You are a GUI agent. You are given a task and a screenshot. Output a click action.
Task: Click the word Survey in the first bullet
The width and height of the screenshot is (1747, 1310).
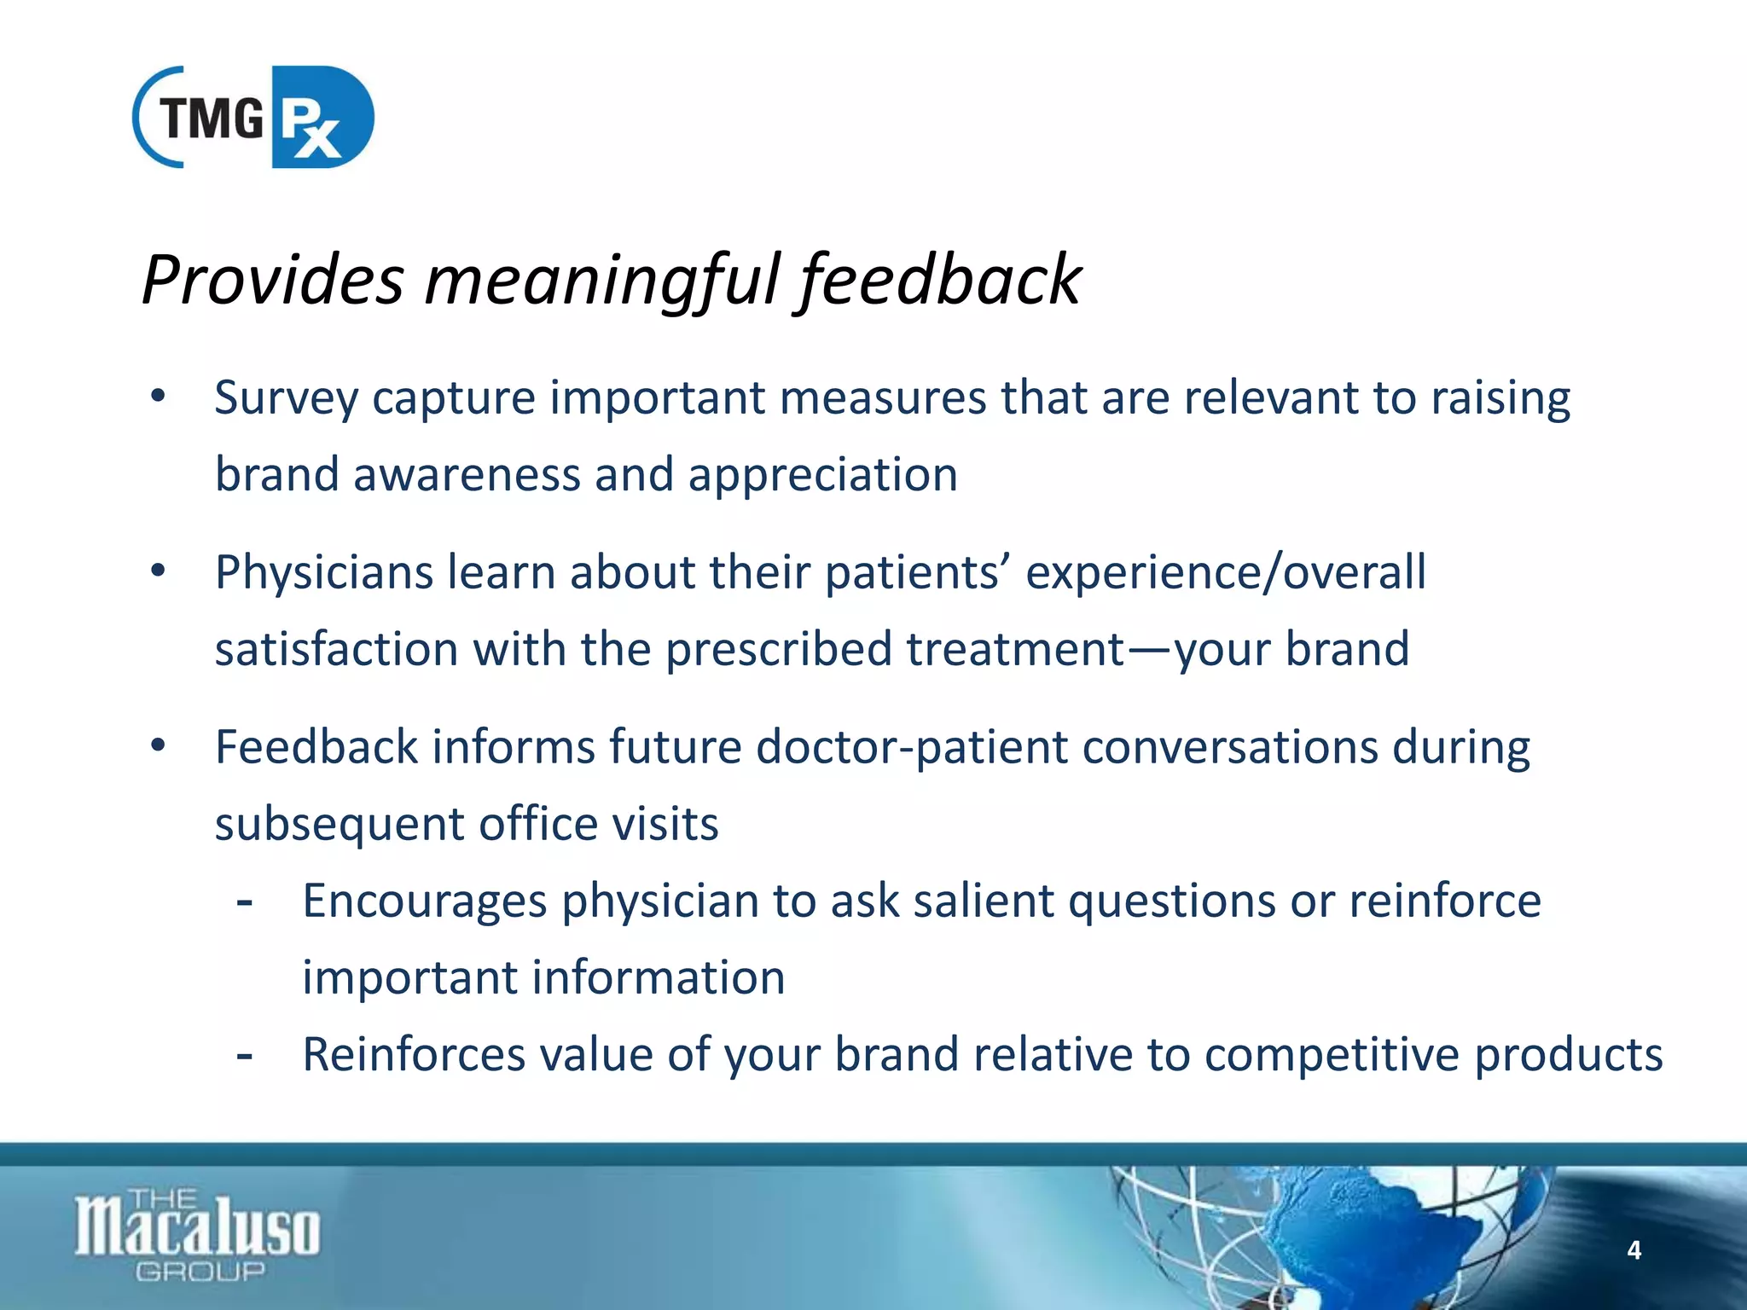pyautogui.click(x=286, y=399)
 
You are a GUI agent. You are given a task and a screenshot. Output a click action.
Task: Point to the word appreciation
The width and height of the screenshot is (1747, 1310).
pyautogui.click(x=823, y=475)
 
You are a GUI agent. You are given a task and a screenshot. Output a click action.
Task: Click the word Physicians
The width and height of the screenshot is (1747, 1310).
pyautogui.click(x=324, y=572)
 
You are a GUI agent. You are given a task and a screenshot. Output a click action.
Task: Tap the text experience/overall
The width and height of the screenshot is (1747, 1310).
pyautogui.click(x=1225, y=572)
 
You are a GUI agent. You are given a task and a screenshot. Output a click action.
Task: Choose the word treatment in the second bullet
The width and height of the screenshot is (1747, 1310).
pyautogui.click(x=1015, y=649)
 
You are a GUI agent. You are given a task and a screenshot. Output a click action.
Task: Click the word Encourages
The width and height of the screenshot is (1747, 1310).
pyautogui.click(x=424, y=901)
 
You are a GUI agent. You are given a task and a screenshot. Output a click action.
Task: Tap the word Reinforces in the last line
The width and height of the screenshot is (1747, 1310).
pyautogui.click(x=414, y=1055)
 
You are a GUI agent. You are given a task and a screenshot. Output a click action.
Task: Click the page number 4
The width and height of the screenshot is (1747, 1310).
pyautogui.click(x=1634, y=1250)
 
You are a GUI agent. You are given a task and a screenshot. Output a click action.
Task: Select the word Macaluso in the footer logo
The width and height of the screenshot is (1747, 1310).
pyautogui.click(x=198, y=1228)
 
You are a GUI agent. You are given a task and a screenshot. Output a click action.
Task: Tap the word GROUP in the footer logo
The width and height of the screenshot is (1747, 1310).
pyautogui.click(x=200, y=1272)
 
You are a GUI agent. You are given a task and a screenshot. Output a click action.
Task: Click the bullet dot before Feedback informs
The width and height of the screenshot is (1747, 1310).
pyautogui.click(x=158, y=746)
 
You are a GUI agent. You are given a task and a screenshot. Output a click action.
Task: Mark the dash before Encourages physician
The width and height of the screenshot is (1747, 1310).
pyautogui.click(x=245, y=901)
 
